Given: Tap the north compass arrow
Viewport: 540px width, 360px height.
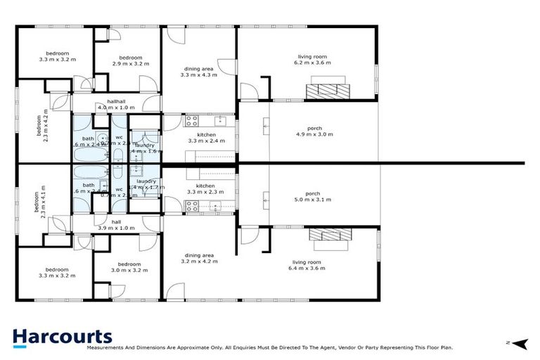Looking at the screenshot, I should coord(519,343).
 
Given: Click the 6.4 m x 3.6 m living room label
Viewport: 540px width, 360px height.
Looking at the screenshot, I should coord(310,265).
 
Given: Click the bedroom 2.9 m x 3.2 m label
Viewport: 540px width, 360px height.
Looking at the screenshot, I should coord(130,60).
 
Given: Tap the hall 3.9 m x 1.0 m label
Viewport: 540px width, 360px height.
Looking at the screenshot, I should coord(116,224).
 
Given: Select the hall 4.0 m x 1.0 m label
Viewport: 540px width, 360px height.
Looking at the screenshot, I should coord(115,104).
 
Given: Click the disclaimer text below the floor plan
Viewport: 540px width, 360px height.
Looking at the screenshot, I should coord(269,347).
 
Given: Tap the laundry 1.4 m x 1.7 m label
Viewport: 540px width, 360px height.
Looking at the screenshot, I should coord(147,184).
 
